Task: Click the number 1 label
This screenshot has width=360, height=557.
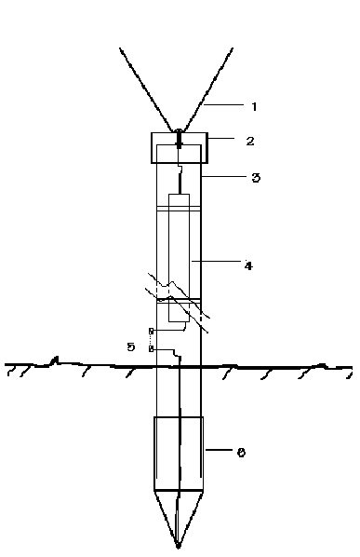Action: [254, 106]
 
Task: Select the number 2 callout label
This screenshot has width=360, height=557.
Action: [250, 141]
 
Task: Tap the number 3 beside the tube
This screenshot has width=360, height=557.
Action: [256, 178]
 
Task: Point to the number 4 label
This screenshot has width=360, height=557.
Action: [248, 265]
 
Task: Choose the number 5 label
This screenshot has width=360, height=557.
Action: [131, 346]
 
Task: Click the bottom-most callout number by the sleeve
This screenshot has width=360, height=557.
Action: [241, 452]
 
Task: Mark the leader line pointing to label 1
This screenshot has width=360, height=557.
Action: [224, 105]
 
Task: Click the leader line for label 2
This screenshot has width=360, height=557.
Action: [221, 138]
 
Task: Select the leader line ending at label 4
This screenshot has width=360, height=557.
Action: [217, 261]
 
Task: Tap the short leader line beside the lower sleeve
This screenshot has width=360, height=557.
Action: [218, 450]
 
